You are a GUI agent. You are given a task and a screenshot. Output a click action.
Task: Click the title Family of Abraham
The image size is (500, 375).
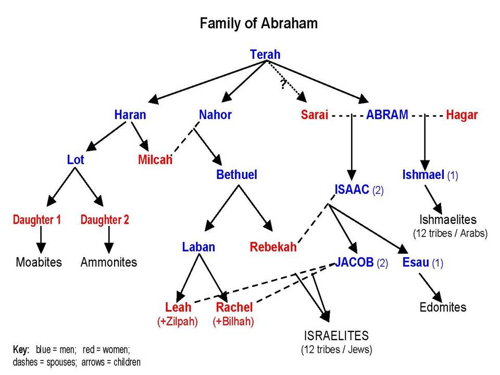[259, 24]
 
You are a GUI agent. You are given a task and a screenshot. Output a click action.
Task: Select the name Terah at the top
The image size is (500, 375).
[265, 54]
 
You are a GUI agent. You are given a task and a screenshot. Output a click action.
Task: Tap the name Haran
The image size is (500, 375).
[130, 115]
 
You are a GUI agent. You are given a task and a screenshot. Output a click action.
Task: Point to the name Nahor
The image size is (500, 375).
[215, 115]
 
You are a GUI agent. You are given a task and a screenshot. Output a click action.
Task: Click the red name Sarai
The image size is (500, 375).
[315, 115]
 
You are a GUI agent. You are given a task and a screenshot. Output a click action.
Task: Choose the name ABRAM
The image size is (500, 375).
[387, 115]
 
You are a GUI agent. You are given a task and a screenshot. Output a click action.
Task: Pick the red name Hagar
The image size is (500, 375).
[461, 115]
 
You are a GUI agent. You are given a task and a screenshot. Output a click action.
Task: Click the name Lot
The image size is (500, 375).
[76, 159]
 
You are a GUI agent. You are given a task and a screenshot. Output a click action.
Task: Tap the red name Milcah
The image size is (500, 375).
[155, 160]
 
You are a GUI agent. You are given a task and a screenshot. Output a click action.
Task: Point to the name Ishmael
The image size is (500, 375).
[423, 175]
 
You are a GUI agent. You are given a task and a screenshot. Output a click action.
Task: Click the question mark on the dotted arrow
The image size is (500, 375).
[283, 84]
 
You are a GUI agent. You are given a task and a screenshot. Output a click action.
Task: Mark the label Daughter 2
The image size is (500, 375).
[105, 220]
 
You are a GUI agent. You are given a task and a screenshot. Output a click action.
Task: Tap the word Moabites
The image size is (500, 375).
[39, 262]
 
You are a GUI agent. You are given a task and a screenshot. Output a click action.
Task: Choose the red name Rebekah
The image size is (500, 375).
[273, 247]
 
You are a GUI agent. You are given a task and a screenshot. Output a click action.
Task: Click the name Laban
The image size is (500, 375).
[198, 247]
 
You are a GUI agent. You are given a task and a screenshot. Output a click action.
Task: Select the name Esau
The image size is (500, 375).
[415, 262]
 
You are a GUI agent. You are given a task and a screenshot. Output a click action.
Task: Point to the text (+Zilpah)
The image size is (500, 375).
[178, 321]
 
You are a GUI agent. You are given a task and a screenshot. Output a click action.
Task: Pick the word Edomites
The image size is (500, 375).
[443, 307]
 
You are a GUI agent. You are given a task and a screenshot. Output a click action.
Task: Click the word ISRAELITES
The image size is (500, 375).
[336, 335]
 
